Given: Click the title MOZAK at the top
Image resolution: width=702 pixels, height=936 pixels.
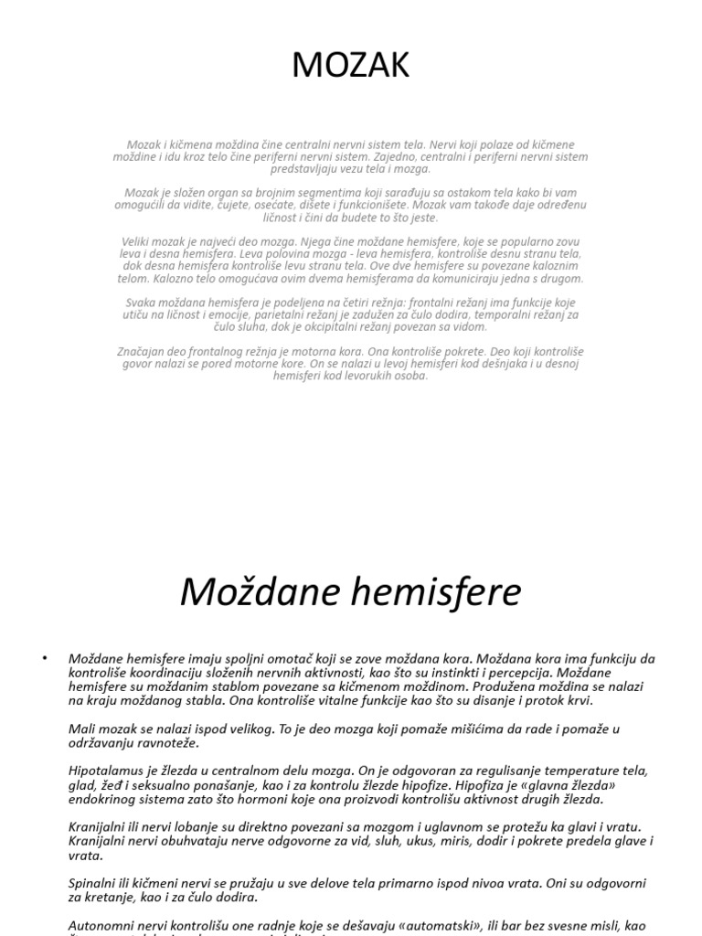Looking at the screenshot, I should (x=351, y=66).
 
